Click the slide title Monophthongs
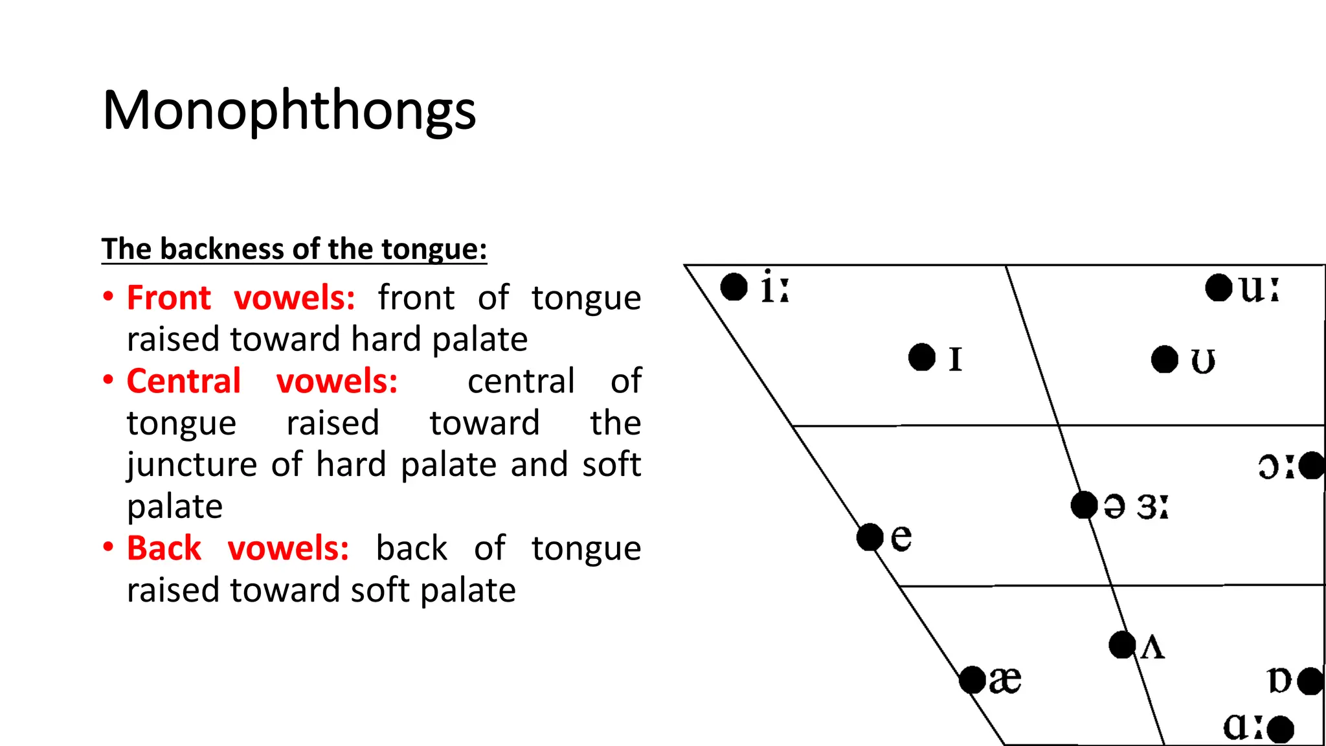tap(289, 111)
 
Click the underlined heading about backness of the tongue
tap(294, 249)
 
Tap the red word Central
tap(183, 381)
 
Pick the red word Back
tap(164, 548)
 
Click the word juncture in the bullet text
tap(192, 465)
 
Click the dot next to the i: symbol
tap(734, 287)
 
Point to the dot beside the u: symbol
tap(1218, 288)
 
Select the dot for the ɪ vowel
tap(921, 357)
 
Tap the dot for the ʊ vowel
tap(1164, 359)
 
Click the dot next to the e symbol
tap(870, 537)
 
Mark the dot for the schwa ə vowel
tap(1084, 505)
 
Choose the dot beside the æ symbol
tap(972, 680)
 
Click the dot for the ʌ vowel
tap(1122, 645)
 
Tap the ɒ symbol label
tap(1279, 681)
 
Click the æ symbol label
tap(1005, 680)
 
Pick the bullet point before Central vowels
tap(109, 380)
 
